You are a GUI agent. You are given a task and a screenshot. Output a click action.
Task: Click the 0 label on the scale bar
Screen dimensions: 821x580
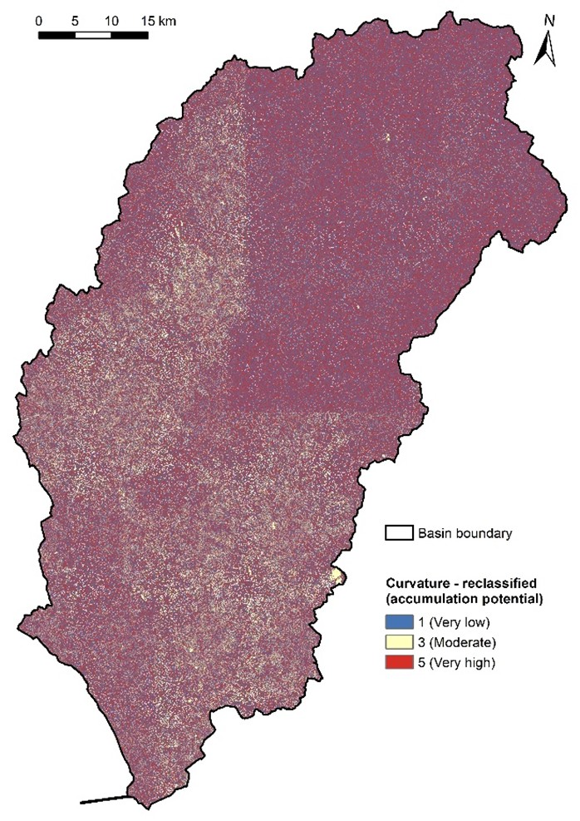pos(40,19)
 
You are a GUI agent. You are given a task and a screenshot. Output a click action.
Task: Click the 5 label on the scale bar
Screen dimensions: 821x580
pos(75,19)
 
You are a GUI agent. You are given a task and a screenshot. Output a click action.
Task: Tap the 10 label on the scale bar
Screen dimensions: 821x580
pos(111,19)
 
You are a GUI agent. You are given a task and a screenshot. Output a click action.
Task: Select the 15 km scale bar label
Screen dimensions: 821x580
pos(158,19)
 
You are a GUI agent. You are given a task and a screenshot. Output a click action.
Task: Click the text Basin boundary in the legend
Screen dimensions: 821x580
pos(465,532)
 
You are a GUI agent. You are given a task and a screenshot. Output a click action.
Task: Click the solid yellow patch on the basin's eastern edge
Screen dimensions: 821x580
pos(337,576)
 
